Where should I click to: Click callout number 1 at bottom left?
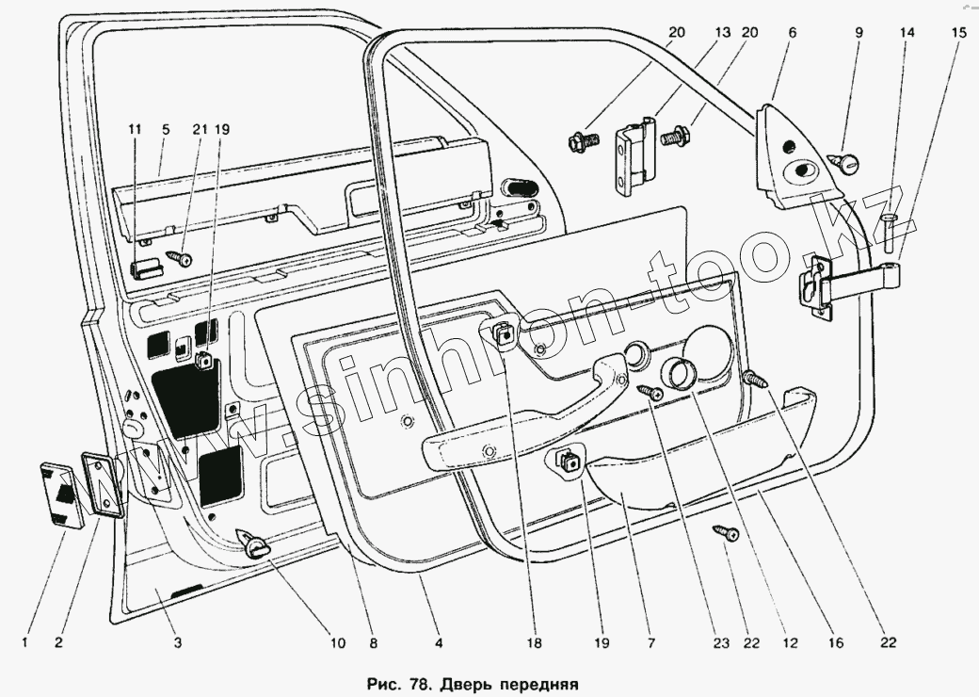click(25, 642)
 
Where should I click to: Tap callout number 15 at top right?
click(958, 32)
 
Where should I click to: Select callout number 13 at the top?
click(722, 32)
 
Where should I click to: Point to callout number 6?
click(793, 32)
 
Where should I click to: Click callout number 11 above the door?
click(135, 129)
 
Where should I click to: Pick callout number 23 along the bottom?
click(721, 642)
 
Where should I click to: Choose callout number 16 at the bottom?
click(836, 642)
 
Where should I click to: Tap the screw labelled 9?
click(844, 163)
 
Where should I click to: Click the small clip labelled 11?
click(146, 270)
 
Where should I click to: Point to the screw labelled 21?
click(181, 258)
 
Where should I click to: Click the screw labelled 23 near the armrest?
click(650, 392)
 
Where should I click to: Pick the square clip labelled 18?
click(503, 334)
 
